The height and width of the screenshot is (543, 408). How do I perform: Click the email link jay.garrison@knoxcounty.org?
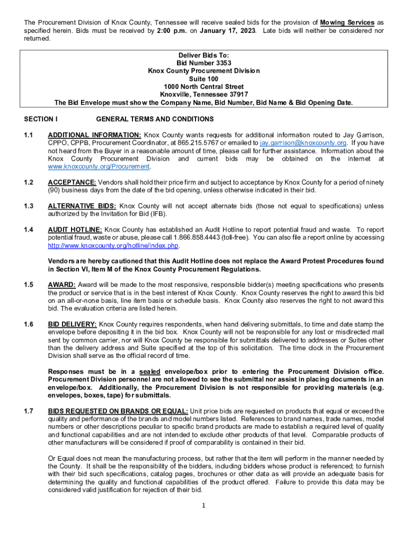pyautogui.click(x=303, y=143)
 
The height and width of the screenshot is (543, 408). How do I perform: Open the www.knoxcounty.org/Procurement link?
pyautogui.click(x=99, y=167)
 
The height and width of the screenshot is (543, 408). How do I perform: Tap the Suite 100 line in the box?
pyautogui.click(x=204, y=79)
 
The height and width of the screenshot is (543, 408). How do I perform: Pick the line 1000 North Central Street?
pyautogui.click(x=204, y=87)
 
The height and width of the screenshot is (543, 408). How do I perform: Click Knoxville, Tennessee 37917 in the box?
pyautogui.click(x=204, y=95)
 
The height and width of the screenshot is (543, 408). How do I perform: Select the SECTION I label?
pyautogui.click(x=41, y=119)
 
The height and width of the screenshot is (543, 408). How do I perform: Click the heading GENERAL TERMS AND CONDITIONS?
pyautogui.click(x=155, y=119)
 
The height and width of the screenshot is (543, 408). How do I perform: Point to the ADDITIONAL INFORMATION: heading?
pyautogui.click(x=94, y=135)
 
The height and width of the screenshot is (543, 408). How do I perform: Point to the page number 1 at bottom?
pyautogui.click(x=204, y=505)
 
